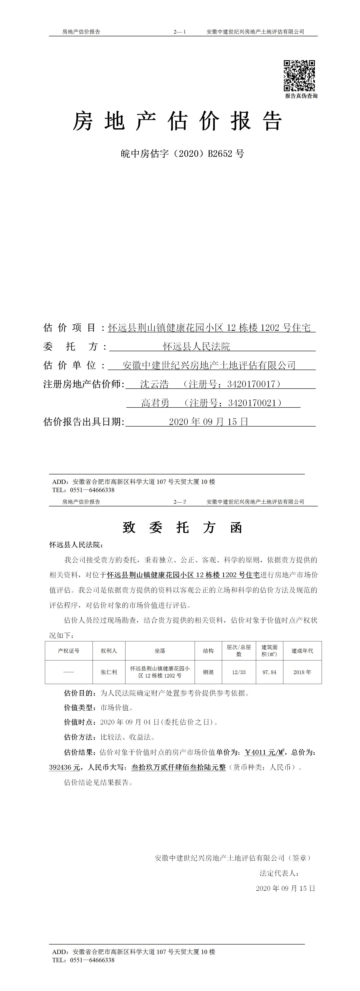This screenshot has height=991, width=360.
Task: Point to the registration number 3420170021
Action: [252, 403]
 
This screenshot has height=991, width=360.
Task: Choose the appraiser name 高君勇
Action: [155, 403]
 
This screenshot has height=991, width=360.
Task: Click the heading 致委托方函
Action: [182, 527]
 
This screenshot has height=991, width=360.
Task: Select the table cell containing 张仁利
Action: [109, 672]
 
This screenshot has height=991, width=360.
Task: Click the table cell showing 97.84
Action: [269, 672]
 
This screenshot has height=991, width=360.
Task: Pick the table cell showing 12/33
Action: [239, 672]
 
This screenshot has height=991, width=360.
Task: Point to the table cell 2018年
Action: [302, 672]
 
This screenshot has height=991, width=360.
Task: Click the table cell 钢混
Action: [208, 672]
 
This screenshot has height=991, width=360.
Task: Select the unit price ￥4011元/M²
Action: [265, 752]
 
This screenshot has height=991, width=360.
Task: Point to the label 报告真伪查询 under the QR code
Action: [301, 96]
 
